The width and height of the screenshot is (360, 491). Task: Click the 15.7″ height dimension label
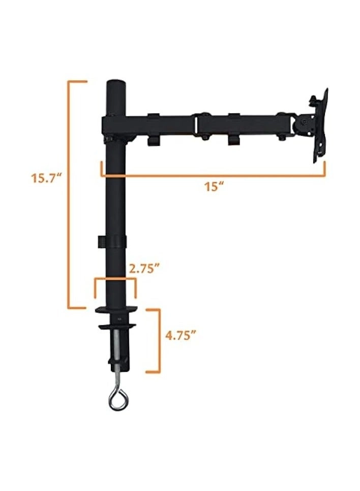point(45,178)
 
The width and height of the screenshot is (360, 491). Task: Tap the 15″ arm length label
point(215,187)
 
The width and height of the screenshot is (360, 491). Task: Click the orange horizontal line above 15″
point(214,176)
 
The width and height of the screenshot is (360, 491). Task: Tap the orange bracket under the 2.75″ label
point(115,279)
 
